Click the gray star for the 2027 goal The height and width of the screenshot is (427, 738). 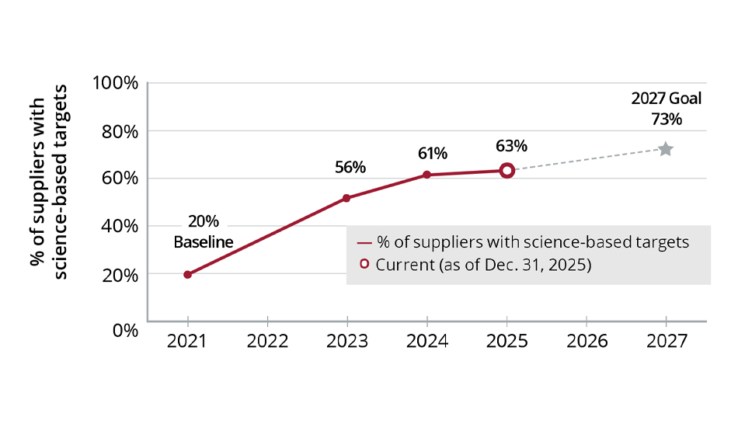click(x=665, y=149)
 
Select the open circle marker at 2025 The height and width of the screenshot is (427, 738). click(x=507, y=170)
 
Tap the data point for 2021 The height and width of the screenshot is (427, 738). click(x=187, y=274)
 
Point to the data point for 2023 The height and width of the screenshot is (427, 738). click(x=346, y=198)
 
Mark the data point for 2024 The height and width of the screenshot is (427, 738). click(x=426, y=175)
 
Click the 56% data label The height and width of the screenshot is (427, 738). click(x=350, y=167)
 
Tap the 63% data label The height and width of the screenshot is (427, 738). click(x=511, y=145)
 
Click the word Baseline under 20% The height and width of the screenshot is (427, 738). click(x=203, y=242)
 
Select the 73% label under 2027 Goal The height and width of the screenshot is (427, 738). click(x=667, y=120)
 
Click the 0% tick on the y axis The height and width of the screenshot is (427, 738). click(x=125, y=329)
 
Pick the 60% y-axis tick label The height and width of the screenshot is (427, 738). click(x=119, y=179)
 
